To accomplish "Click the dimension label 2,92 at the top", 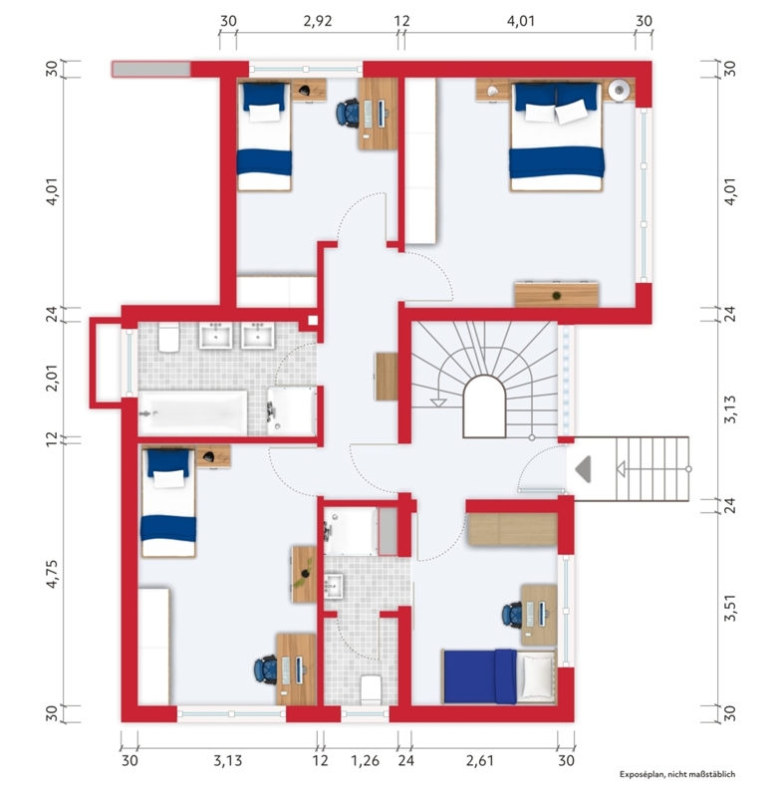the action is (318, 21).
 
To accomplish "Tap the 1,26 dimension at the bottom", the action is (366, 761).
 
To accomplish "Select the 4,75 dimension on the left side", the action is (53, 574).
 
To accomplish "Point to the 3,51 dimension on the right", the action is (729, 607).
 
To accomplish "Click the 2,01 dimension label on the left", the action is (53, 378).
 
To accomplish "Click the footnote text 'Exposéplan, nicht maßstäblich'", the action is (677, 775).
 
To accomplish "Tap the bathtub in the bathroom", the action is (192, 412).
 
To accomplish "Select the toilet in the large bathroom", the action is (168, 337).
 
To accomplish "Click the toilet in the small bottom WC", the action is (371, 689).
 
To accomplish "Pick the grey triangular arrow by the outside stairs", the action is (584, 469).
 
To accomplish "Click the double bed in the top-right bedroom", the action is (557, 136).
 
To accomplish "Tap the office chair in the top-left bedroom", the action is (348, 112).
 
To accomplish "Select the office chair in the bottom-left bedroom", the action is (266, 669).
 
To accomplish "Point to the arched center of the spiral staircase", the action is (485, 406).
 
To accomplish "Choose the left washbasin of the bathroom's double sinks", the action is (215, 336).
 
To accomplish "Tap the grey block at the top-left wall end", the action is (150, 69).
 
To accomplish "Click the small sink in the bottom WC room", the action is (334, 585).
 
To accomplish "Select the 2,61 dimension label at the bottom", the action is (480, 761).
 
